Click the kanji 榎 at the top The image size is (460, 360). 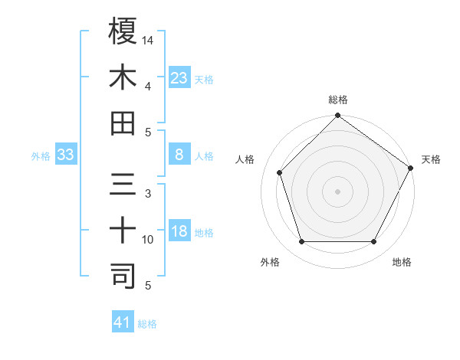pyautogui.click(x=123, y=31)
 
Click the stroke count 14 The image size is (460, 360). pyautogui.click(x=148, y=39)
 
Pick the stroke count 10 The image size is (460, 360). pyautogui.click(x=148, y=240)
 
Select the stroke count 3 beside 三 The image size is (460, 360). pyautogui.click(x=148, y=193)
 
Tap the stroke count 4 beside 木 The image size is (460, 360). pyautogui.click(x=148, y=86)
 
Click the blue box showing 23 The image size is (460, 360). pyautogui.click(x=179, y=77)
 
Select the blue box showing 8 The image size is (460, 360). pyautogui.click(x=179, y=155)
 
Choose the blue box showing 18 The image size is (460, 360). pyautogui.click(x=179, y=231)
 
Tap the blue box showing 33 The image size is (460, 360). pyautogui.click(x=65, y=155)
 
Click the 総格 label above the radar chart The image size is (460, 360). pyautogui.click(x=338, y=100)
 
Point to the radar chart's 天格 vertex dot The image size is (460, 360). pyautogui.click(x=410, y=167)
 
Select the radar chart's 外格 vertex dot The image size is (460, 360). pyautogui.click(x=301, y=242)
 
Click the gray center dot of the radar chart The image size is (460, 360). pyautogui.click(x=337, y=191)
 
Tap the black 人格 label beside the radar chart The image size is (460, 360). pyautogui.click(x=245, y=159)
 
